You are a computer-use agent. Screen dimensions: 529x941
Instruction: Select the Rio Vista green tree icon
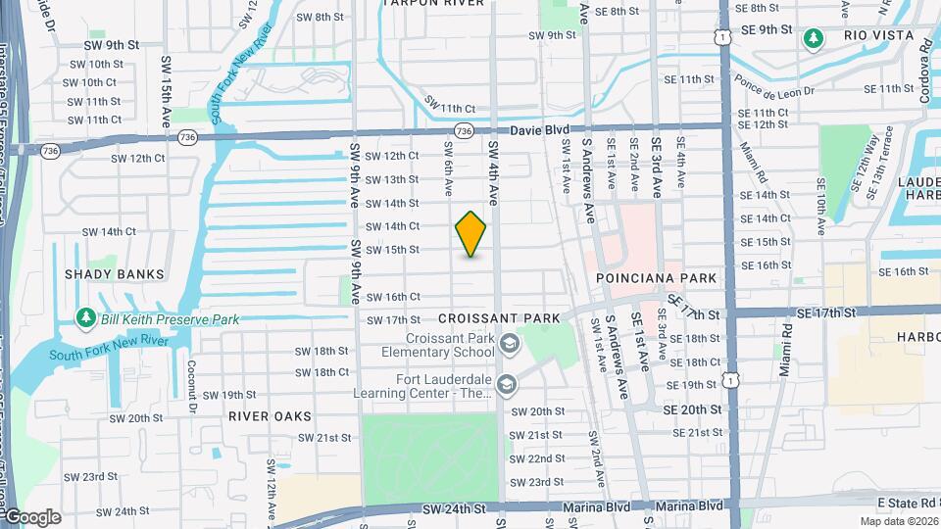[813, 38]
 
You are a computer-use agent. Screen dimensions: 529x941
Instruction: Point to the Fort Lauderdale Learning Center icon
[506, 383]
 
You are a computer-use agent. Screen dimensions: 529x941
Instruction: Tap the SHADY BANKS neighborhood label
[115, 274]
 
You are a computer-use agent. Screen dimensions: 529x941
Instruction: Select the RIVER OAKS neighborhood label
[262, 415]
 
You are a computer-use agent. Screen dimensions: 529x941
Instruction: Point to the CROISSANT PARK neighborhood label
[499, 318]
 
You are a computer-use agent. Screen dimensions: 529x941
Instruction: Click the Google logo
[31, 516]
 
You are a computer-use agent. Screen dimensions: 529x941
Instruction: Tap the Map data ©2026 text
[899, 521]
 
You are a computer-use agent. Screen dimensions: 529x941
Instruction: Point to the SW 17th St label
[393, 320]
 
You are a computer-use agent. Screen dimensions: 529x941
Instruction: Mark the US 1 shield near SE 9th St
[721, 35]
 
